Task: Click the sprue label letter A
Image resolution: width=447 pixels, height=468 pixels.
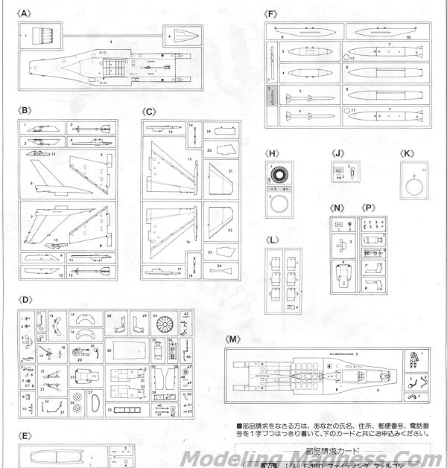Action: point(27,13)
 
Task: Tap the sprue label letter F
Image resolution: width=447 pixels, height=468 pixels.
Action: point(270,13)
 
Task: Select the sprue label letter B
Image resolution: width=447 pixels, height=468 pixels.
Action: point(27,111)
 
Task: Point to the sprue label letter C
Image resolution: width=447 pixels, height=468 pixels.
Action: point(149,111)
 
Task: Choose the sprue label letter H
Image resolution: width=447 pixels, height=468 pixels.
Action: point(273,154)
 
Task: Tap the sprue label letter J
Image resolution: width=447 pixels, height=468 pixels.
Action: point(338,154)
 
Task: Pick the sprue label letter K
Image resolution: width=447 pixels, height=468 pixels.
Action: point(406,154)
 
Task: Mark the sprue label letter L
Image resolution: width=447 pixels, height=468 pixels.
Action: point(274,240)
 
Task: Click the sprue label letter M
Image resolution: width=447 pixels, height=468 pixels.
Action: point(235,339)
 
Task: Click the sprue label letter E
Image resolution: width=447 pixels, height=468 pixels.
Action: point(27,435)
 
